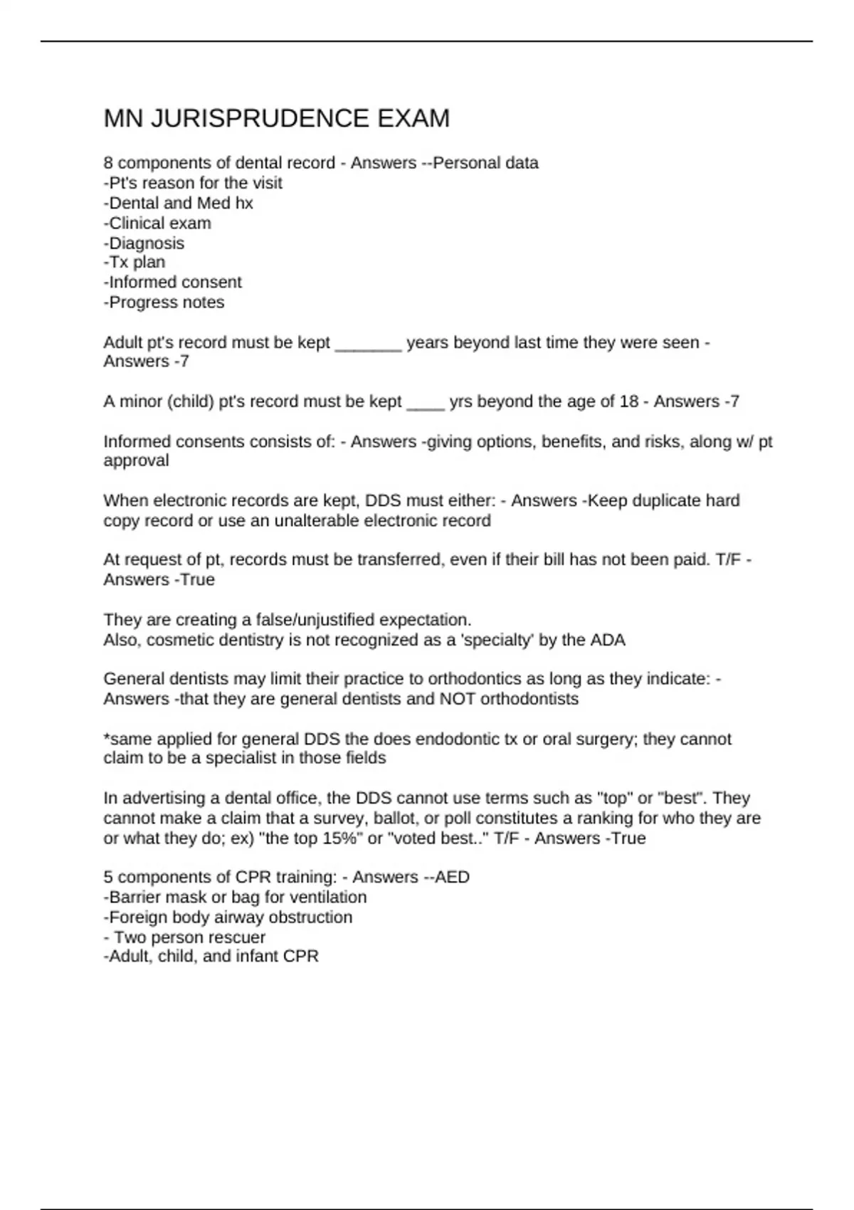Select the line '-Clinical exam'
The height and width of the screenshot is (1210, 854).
[157, 223]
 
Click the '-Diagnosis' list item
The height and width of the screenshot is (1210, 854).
[144, 243]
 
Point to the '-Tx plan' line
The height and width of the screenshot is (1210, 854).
[135, 262]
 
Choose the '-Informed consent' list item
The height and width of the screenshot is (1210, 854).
[173, 282]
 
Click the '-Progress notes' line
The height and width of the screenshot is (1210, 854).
[164, 302]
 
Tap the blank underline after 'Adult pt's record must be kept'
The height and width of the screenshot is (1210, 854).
[368, 344]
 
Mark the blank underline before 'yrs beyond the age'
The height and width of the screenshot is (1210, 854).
[425, 403]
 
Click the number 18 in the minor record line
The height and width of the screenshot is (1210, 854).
[629, 401]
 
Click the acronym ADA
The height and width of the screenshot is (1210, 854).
[608, 640]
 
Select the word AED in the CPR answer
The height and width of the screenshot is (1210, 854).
[452, 877]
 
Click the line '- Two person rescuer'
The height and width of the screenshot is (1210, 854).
[184, 937]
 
